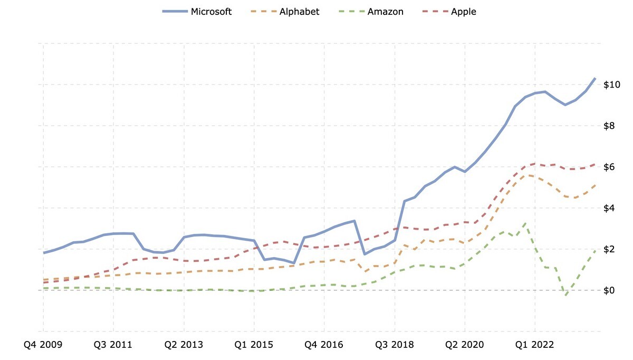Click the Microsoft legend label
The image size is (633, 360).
click(x=211, y=12)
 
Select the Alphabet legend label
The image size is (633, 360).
click(x=299, y=12)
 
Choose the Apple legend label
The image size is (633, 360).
click(x=463, y=12)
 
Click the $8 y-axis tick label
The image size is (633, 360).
click(x=613, y=126)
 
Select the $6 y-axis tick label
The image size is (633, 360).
click(x=613, y=167)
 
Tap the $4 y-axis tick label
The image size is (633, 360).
click(x=613, y=209)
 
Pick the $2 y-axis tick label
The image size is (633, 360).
click(x=613, y=249)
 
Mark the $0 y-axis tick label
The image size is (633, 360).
click(x=613, y=290)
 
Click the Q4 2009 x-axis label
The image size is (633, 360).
click(x=43, y=345)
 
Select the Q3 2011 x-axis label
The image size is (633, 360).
click(x=113, y=345)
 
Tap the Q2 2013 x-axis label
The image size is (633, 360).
click(x=184, y=345)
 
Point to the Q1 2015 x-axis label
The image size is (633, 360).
click(x=254, y=345)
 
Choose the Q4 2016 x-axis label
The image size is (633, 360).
click(x=324, y=345)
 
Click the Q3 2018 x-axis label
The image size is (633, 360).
click(x=394, y=345)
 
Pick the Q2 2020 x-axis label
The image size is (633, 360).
click(x=465, y=345)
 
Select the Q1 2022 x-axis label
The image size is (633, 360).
click(x=535, y=345)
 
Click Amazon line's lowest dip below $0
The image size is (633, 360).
click(x=565, y=295)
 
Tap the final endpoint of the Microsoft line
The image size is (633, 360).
click(x=596, y=78)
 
